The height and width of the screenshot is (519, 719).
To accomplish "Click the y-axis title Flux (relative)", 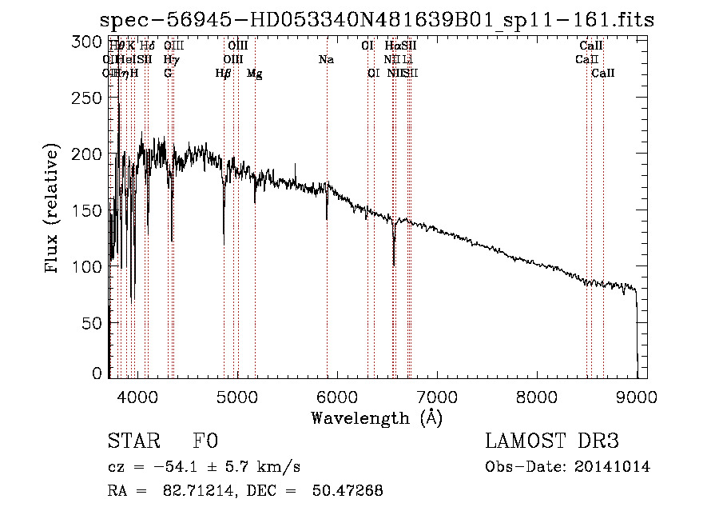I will click(x=53, y=210).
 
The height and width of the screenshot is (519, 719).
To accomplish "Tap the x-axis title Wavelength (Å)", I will click(x=376, y=417).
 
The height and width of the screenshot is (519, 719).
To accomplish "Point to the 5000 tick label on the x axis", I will click(x=236, y=396).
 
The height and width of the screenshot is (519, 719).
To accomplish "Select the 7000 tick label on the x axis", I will click(x=436, y=396).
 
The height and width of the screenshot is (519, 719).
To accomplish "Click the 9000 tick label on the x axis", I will click(x=636, y=396).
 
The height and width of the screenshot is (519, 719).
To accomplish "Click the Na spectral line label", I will click(x=326, y=59).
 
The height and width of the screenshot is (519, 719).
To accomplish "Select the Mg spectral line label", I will click(x=254, y=74).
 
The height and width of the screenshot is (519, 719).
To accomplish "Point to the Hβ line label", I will click(x=223, y=74).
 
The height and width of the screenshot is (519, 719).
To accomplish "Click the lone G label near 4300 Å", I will click(x=168, y=74).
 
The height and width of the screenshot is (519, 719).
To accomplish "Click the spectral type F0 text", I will click(x=205, y=441).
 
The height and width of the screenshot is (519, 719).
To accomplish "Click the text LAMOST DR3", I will click(x=552, y=441).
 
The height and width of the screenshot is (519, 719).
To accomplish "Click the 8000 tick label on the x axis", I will click(x=536, y=396).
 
